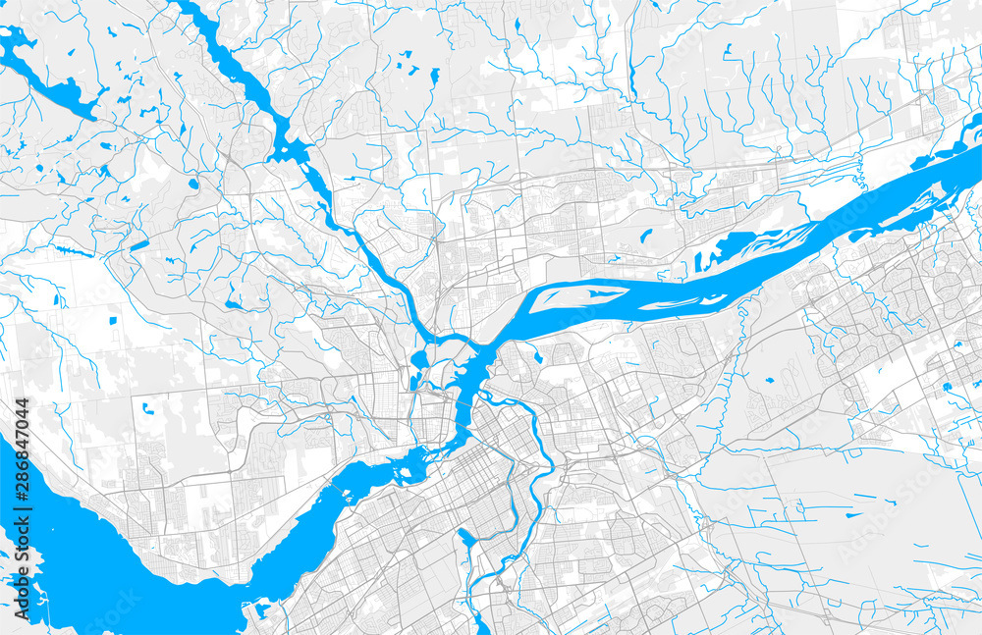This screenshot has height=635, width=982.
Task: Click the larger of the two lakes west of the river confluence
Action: pos(420,359)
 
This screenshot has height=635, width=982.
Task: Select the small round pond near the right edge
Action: pos(948,388)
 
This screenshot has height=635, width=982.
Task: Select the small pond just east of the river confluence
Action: pos(537,357)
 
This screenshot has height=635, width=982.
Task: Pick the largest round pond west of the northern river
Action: pos(193,182)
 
